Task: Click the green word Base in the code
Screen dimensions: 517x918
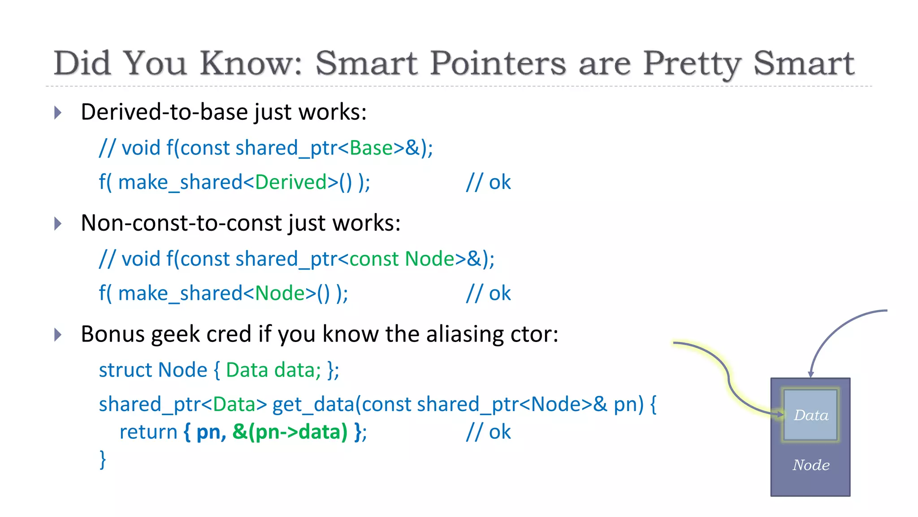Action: point(371,148)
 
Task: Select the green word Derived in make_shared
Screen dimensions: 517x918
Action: point(290,182)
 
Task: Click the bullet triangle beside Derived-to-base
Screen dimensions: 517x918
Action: point(57,112)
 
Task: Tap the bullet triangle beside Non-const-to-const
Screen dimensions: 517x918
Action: point(57,223)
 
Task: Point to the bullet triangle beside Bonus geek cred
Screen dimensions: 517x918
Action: point(57,334)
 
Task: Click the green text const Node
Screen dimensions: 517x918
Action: point(402,259)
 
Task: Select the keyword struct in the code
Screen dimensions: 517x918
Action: point(125,370)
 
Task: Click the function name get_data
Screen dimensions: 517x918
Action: point(313,404)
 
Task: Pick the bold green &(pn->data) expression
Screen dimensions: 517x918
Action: point(290,432)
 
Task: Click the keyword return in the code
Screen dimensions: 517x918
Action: point(148,432)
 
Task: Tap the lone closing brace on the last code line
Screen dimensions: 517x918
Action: point(103,460)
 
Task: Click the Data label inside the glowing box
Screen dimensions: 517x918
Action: point(811,415)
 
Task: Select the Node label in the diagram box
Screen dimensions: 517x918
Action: point(811,465)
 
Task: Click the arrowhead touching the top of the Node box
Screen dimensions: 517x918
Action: point(810,374)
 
